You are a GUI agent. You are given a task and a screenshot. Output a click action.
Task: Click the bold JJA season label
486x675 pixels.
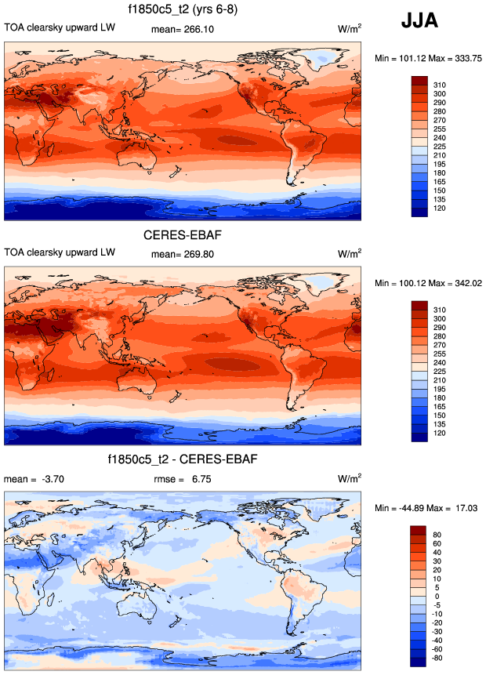(x=419, y=21)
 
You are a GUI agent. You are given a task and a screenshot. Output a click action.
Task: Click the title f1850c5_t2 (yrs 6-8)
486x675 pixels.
(x=183, y=9)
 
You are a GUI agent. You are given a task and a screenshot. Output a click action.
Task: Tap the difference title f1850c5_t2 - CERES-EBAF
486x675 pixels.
(x=183, y=458)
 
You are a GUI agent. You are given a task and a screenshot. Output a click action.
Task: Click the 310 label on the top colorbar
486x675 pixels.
(x=440, y=82)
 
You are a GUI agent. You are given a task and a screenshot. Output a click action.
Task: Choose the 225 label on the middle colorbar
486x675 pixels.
(x=440, y=372)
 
